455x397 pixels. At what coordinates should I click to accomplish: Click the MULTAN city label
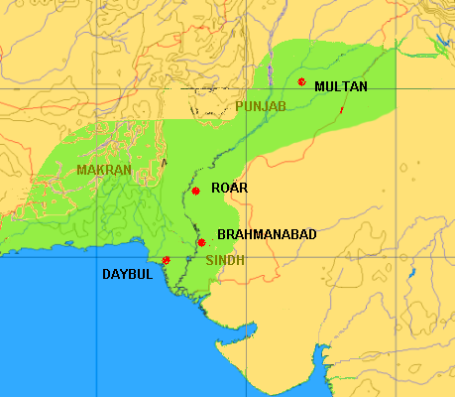point(340,86)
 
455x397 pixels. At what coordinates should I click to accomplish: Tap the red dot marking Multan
point(301,81)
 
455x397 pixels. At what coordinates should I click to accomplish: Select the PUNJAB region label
point(261,106)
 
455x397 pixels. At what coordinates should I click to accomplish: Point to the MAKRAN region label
point(104,170)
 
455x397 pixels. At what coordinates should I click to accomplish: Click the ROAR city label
point(230,187)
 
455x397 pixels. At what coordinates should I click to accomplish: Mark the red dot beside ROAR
point(196,191)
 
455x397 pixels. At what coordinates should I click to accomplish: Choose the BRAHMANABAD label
point(267,234)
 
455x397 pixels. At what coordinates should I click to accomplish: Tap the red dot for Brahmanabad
point(201,242)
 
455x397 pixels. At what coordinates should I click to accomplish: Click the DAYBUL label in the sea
point(128,274)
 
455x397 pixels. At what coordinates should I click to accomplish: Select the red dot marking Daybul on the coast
point(167,260)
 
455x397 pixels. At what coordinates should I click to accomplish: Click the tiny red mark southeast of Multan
point(342,109)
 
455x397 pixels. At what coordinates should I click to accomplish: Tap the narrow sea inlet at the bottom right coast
point(319,357)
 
